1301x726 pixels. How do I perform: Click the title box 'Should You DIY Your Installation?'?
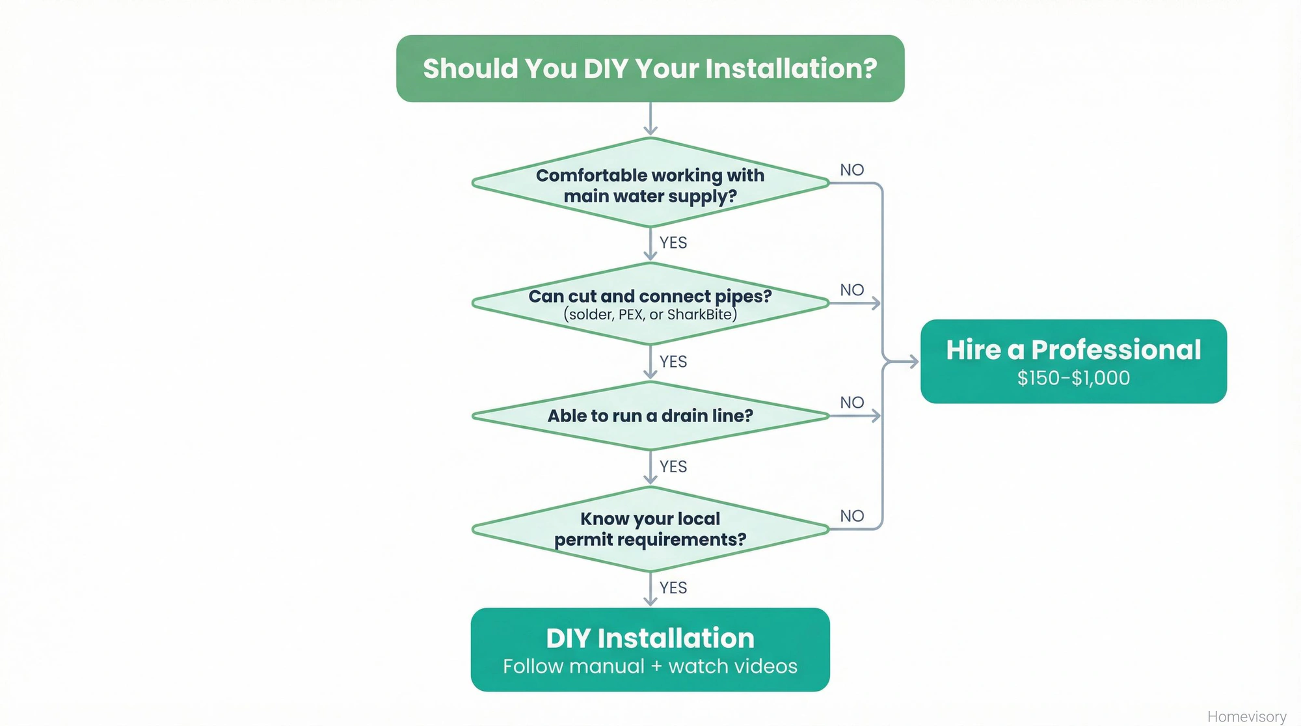click(650, 68)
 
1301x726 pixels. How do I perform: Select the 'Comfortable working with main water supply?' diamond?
click(650, 185)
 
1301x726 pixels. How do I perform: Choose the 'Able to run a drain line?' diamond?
click(650, 416)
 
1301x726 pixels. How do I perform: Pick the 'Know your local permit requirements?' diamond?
click(650, 529)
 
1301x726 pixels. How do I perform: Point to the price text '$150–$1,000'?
click(1073, 378)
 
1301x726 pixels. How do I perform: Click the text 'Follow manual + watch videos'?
click(650, 666)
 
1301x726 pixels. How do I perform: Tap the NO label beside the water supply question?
click(852, 170)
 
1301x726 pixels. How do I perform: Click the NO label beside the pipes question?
click(852, 290)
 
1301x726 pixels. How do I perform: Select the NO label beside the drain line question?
click(852, 403)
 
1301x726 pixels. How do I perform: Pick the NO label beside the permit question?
click(852, 516)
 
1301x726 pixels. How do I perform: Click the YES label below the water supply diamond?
click(673, 243)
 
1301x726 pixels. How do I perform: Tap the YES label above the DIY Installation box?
click(673, 587)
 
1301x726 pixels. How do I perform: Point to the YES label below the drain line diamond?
click(673, 466)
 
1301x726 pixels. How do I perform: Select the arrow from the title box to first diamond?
click(650, 119)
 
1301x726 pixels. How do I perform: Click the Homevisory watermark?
click(1246, 716)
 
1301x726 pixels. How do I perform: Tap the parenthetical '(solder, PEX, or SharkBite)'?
click(650, 315)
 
